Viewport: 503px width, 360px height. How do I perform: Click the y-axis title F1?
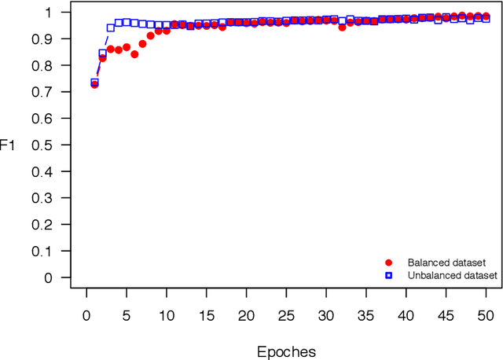7,145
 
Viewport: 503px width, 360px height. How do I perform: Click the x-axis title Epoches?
286,351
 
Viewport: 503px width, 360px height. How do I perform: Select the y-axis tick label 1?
54,13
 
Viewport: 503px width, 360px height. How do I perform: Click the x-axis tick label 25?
286,314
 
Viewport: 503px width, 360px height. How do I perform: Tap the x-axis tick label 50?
486,314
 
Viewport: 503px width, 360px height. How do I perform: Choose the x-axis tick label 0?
86,314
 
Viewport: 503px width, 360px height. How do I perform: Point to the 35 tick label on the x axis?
366,314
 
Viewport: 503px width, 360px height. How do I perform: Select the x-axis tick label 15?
206,314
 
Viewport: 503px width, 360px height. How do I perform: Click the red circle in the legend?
387,263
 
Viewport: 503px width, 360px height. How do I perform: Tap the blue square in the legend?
387,275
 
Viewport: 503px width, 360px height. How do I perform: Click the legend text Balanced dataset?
446,263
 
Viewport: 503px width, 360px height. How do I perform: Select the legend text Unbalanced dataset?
452,275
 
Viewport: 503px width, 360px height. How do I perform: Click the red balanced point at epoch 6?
134,54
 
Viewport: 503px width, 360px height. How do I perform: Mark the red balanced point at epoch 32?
342,28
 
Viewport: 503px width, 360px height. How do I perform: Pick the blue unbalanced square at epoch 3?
111,28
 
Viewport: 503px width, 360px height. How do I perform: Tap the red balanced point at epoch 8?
150,36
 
